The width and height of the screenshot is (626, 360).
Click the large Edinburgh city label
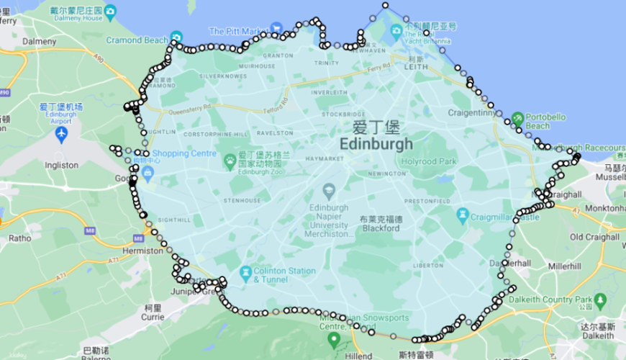coord(376,144)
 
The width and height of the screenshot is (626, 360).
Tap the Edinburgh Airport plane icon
coord(61,134)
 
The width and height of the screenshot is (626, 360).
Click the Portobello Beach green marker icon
coord(517,117)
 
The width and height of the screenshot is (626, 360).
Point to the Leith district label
coord(415,68)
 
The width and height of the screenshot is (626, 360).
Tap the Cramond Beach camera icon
coord(177,37)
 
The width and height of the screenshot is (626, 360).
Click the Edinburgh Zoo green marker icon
coord(230,158)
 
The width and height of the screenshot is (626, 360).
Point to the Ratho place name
coord(19,238)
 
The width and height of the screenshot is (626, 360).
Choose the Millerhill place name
coord(564,266)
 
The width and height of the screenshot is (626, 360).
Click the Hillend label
coord(358,355)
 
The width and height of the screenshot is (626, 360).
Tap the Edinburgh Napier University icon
coord(329,191)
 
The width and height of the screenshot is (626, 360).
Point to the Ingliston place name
coord(60,165)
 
